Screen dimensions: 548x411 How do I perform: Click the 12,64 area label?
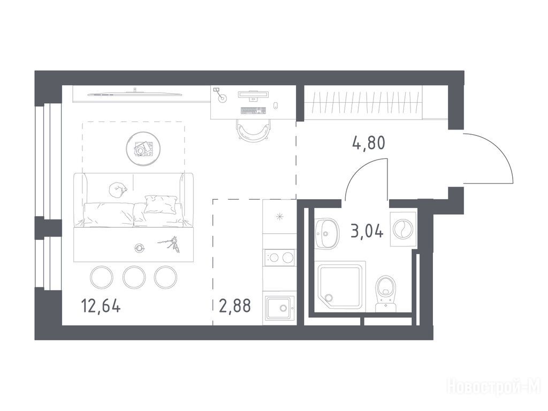click(101, 306)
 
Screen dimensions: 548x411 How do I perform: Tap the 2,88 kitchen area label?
click(235, 306)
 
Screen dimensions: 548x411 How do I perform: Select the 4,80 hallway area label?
click(369, 142)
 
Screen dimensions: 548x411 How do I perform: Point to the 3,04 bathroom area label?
click(367, 231)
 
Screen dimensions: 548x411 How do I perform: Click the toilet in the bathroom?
click(386, 294)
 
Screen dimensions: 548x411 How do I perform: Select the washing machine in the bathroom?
click(404, 229)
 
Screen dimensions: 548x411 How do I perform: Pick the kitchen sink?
click(279, 308)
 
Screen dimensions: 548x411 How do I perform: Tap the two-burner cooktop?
click(279, 257)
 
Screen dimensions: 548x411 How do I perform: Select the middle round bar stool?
click(133, 277)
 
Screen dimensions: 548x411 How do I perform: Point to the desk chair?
click(253, 130)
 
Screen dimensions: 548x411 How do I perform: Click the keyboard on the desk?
click(253, 110)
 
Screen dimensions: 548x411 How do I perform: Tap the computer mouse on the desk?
click(276, 105)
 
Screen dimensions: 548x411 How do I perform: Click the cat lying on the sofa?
click(117, 191)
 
